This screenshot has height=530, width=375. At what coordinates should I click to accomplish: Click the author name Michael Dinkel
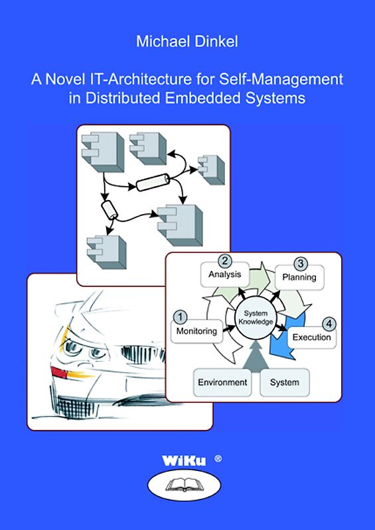(x=187, y=42)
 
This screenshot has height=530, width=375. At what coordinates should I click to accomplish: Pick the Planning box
(x=299, y=277)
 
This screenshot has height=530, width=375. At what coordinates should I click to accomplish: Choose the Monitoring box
(x=196, y=331)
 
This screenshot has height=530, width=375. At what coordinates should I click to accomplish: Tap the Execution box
(x=311, y=337)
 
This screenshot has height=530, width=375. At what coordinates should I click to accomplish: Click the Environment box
(x=222, y=382)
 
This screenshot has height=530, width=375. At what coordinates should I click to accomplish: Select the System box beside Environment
(x=284, y=382)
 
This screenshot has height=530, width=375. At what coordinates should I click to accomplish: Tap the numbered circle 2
(x=225, y=260)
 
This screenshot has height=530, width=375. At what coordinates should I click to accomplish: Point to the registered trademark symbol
(x=219, y=457)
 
